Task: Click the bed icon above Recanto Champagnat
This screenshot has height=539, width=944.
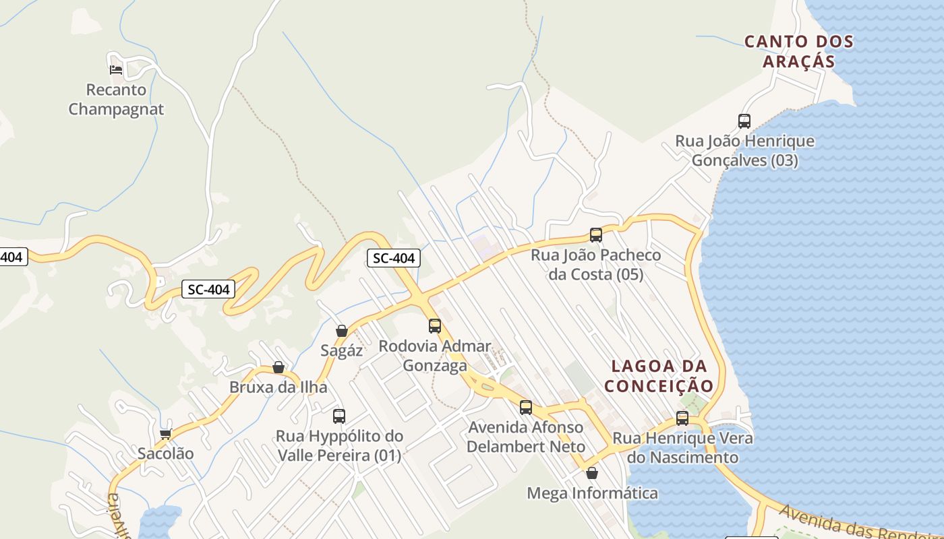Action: click(x=116, y=69)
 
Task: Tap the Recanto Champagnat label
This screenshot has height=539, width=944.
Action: click(x=116, y=99)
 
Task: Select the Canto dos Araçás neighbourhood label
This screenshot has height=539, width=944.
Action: click(x=799, y=51)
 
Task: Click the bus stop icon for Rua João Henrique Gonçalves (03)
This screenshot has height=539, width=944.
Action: click(x=744, y=121)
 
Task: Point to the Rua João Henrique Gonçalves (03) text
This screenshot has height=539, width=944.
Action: click(x=745, y=151)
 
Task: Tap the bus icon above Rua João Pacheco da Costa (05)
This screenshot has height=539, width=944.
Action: click(x=596, y=235)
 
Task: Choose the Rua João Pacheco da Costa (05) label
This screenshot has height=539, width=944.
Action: click(x=596, y=265)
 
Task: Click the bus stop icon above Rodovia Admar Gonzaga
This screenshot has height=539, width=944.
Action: click(x=435, y=326)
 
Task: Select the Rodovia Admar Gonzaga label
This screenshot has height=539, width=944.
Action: click(x=435, y=356)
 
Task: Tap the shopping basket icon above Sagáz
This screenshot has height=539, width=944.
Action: click(x=342, y=331)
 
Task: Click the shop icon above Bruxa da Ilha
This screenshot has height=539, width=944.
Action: click(x=278, y=367)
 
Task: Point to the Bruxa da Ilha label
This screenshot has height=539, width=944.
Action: click(x=278, y=387)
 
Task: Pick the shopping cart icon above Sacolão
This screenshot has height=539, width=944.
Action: click(x=165, y=434)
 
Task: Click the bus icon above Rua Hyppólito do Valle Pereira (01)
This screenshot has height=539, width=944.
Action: click(x=339, y=416)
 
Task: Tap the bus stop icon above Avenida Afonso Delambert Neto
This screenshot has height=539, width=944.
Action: click(x=526, y=408)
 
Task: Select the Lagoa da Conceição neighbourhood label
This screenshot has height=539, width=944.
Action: click(x=659, y=376)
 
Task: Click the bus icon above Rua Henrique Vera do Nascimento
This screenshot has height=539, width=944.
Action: click(x=682, y=418)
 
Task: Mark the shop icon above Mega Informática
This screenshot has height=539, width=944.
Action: click(x=592, y=473)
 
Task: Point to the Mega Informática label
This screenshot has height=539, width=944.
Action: click(x=592, y=493)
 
